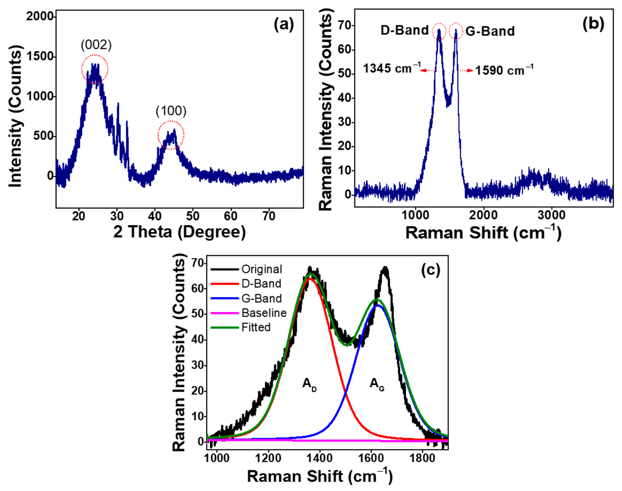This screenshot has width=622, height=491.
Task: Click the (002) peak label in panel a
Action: point(96,45)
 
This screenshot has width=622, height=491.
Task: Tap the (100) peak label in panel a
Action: point(171,111)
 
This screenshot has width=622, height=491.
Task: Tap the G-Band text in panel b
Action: point(490,31)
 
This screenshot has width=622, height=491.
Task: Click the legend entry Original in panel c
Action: point(262,269)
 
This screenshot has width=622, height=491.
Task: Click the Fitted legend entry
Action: point(256,327)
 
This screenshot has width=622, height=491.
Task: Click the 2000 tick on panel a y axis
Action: point(40,17)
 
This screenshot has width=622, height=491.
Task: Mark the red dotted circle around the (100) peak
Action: point(171,135)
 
